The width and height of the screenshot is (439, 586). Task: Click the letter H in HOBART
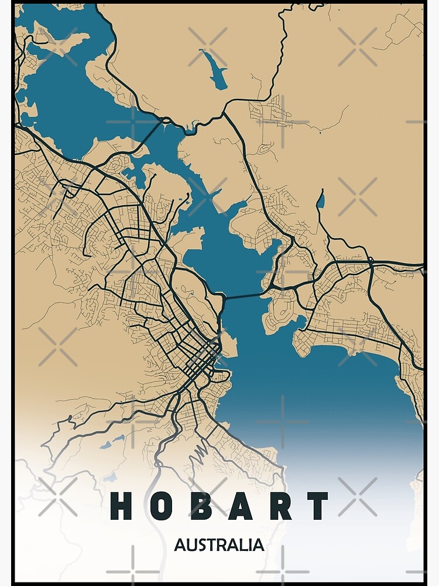(x=122, y=506)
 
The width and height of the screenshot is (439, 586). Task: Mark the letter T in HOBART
(x=318, y=506)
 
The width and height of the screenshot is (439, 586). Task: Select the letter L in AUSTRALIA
(x=244, y=545)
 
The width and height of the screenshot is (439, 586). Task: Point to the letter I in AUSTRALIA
(x=251, y=545)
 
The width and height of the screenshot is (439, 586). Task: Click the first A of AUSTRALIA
(x=180, y=545)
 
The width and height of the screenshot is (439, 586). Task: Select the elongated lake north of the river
(x=215, y=69)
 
